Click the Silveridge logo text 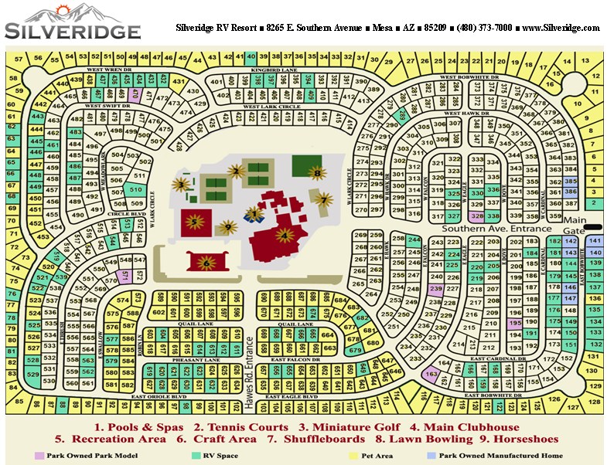[73, 31]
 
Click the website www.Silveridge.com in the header [561, 28]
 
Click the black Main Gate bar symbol [592, 227]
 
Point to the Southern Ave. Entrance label [497, 229]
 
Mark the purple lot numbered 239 [435, 288]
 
